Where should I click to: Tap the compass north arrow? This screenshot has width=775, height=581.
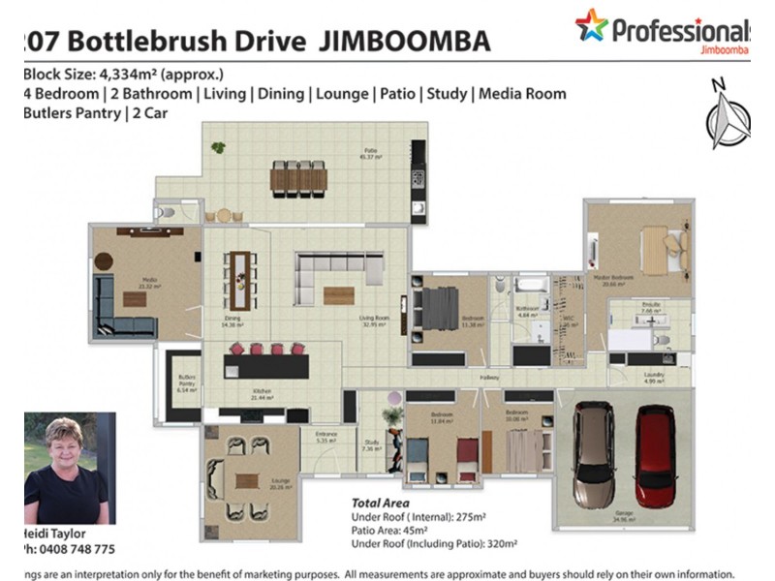pos(728,116)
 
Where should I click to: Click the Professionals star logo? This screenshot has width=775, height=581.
pos(590,25)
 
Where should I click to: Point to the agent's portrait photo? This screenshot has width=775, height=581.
pos(69,469)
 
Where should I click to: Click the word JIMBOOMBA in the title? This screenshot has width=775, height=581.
pos(412,42)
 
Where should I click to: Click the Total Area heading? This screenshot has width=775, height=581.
pos(379,504)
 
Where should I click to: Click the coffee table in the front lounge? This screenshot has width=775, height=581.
pos(247,480)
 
